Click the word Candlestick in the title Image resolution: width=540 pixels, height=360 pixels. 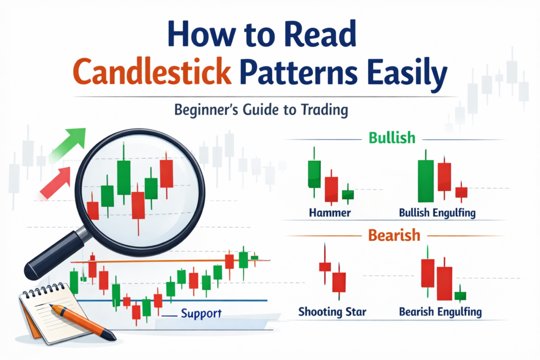(x=152, y=72)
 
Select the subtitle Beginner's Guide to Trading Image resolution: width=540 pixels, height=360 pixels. (x=261, y=110)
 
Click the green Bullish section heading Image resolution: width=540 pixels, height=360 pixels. (x=392, y=138)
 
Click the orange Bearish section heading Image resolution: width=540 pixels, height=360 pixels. (x=394, y=236)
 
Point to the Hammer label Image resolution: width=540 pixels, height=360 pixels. (x=330, y=212)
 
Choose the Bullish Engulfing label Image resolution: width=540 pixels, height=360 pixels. (x=437, y=213)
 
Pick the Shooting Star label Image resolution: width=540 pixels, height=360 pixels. (x=332, y=312)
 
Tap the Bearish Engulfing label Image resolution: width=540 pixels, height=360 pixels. (x=440, y=312)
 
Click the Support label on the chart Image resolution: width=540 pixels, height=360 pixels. (x=201, y=314)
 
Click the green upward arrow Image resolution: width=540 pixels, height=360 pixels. (x=67, y=144)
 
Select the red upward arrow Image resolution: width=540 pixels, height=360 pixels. (x=55, y=183)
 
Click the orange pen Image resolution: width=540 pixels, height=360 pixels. (x=83, y=322)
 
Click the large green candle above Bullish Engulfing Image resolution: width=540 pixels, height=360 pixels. (x=426, y=181)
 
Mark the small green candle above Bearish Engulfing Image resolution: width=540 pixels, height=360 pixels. (x=460, y=296)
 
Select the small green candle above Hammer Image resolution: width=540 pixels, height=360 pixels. (x=348, y=194)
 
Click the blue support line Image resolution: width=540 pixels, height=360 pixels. (x=172, y=300)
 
